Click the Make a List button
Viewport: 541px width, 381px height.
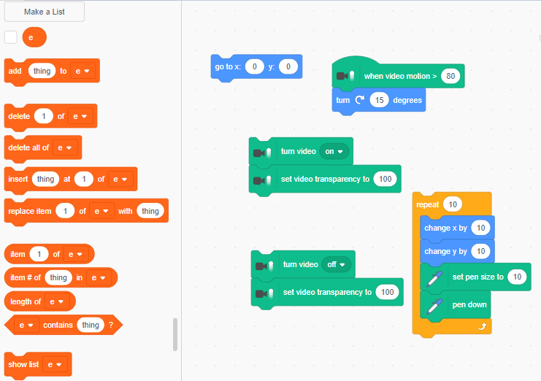(44, 12)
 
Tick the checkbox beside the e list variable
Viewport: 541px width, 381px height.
(11, 37)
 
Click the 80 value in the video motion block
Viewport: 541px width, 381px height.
(450, 76)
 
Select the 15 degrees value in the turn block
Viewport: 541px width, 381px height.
(379, 100)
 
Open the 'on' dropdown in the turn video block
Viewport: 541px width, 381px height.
(334, 151)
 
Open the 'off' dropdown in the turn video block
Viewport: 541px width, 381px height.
(336, 264)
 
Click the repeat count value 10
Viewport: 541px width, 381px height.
(453, 204)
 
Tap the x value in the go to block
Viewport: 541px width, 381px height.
(255, 66)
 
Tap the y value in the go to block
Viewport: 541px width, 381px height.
(288, 66)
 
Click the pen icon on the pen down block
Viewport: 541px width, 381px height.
(434, 306)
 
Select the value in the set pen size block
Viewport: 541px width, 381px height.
(517, 277)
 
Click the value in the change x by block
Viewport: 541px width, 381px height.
(480, 228)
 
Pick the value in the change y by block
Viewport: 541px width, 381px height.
(480, 251)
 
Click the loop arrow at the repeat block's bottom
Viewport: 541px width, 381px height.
(482, 326)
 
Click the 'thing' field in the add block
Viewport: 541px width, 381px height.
(42, 71)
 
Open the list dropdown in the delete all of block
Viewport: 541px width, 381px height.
(64, 147)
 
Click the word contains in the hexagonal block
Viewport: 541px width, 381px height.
(58, 325)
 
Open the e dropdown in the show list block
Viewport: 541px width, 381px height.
(55, 364)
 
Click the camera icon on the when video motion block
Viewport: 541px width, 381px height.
(345, 76)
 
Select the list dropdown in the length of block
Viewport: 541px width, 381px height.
(57, 301)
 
